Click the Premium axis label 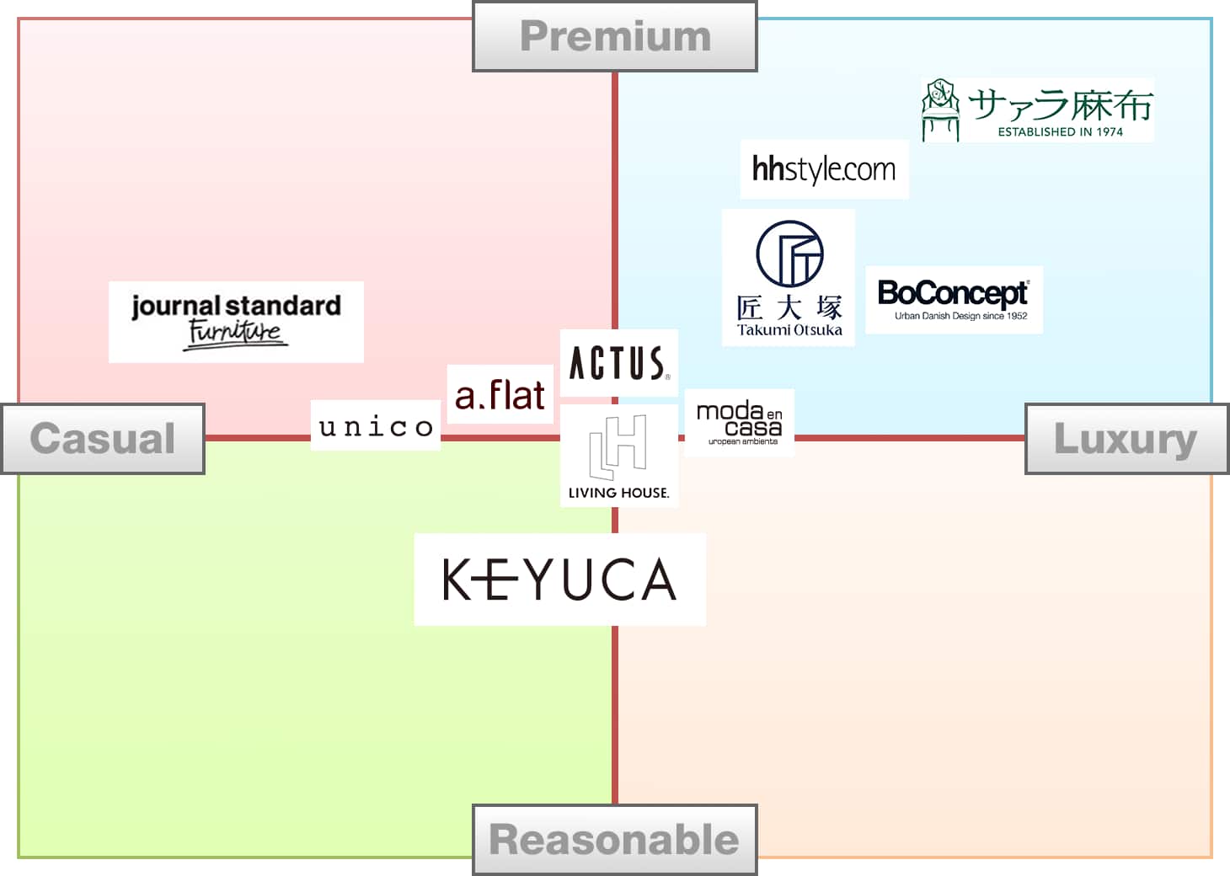tap(615, 37)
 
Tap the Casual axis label tap(103, 439)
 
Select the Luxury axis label tap(1126, 439)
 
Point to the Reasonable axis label tap(614, 840)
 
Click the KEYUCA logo tap(559, 580)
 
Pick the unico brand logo tap(376, 426)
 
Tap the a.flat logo tap(500, 395)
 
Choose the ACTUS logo tap(619, 364)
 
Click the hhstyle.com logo tap(824, 169)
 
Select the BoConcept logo tap(953, 293)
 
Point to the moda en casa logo tap(739, 423)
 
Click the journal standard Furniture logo tap(236, 321)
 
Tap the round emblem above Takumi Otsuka tap(789, 254)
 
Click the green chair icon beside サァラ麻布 tap(940, 109)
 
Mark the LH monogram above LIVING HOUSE tap(618, 446)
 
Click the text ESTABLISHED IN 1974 tap(1060, 132)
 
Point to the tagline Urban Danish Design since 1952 tap(960, 316)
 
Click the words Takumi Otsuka tap(789, 330)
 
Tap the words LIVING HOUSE tap(618, 493)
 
